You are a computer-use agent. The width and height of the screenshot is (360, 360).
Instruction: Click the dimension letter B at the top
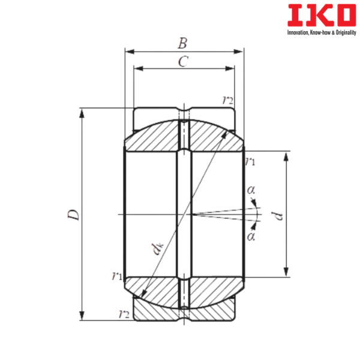coord(183,43)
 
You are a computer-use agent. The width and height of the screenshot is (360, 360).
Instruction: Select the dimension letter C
coord(184,61)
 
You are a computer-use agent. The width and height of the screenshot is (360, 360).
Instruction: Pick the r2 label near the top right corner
coord(227,101)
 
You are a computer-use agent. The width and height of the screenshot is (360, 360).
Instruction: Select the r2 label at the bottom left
coord(125,314)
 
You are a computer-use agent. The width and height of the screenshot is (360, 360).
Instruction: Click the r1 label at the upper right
coord(251,160)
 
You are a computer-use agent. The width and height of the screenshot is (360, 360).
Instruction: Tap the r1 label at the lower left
coord(116,276)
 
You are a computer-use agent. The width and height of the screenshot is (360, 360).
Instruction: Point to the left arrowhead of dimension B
coord(127,51)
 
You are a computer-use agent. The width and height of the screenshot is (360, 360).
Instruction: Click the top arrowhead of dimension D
coord(82,112)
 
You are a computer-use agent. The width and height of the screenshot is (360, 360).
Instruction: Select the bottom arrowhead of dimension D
coord(82,316)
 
